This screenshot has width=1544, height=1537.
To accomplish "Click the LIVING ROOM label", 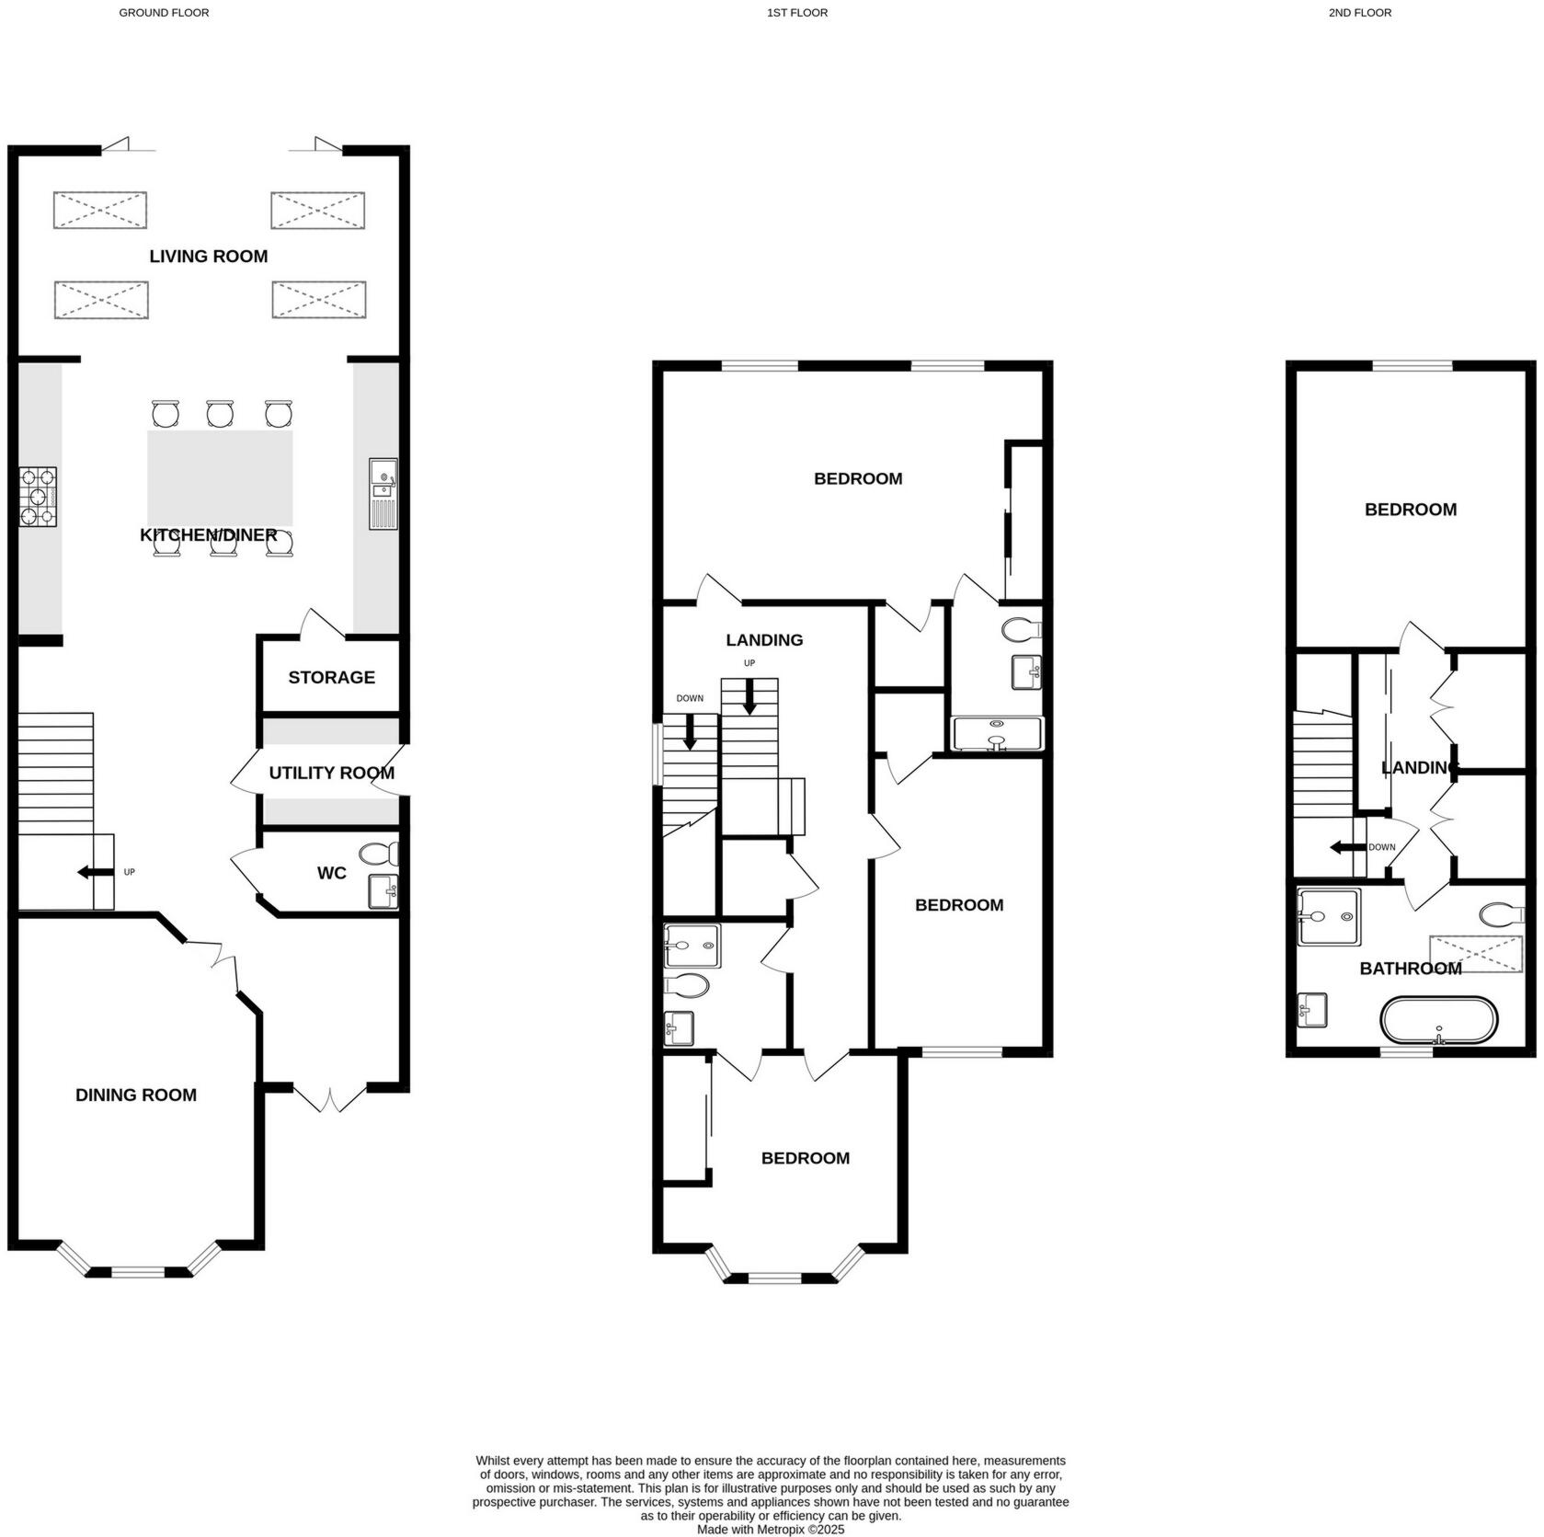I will (x=209, y=257).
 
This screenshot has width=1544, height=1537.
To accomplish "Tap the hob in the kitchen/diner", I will (x=38, y=497).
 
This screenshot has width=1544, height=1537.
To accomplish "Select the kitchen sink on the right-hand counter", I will (x=383, y=494).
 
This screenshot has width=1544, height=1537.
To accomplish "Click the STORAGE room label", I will (x=331, y=678).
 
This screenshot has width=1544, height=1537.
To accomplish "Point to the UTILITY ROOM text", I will (x=331, y=774).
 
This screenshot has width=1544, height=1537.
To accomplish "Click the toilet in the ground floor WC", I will (x=378, y=855).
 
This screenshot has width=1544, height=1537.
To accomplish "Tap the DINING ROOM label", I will (x=136, y=1095).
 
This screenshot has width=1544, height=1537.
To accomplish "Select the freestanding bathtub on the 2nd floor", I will (x=1438, y=1020).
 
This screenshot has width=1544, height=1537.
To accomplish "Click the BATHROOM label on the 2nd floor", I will (x=1410, y=969).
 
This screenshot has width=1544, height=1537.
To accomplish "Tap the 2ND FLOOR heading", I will (x=1359, y=13).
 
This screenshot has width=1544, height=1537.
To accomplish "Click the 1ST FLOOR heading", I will (x=796, y=13).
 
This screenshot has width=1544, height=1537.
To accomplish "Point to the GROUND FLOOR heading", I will (x=164, y=13).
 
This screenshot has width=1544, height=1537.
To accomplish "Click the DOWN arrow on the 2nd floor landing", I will (x=1345, y=847).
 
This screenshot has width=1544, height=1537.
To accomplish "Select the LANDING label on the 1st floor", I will (x=764, y=640).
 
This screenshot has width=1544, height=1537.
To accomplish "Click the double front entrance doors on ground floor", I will (x=331, y=1097).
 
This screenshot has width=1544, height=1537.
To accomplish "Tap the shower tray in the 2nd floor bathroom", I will (x=1328, y=917).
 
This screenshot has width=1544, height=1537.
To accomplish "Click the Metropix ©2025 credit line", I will (x=771, y=1530).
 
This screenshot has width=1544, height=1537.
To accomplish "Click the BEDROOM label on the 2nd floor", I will (x=1410, y=510).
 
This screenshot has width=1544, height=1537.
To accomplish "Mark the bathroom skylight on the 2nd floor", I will (x=1476, y=954).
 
